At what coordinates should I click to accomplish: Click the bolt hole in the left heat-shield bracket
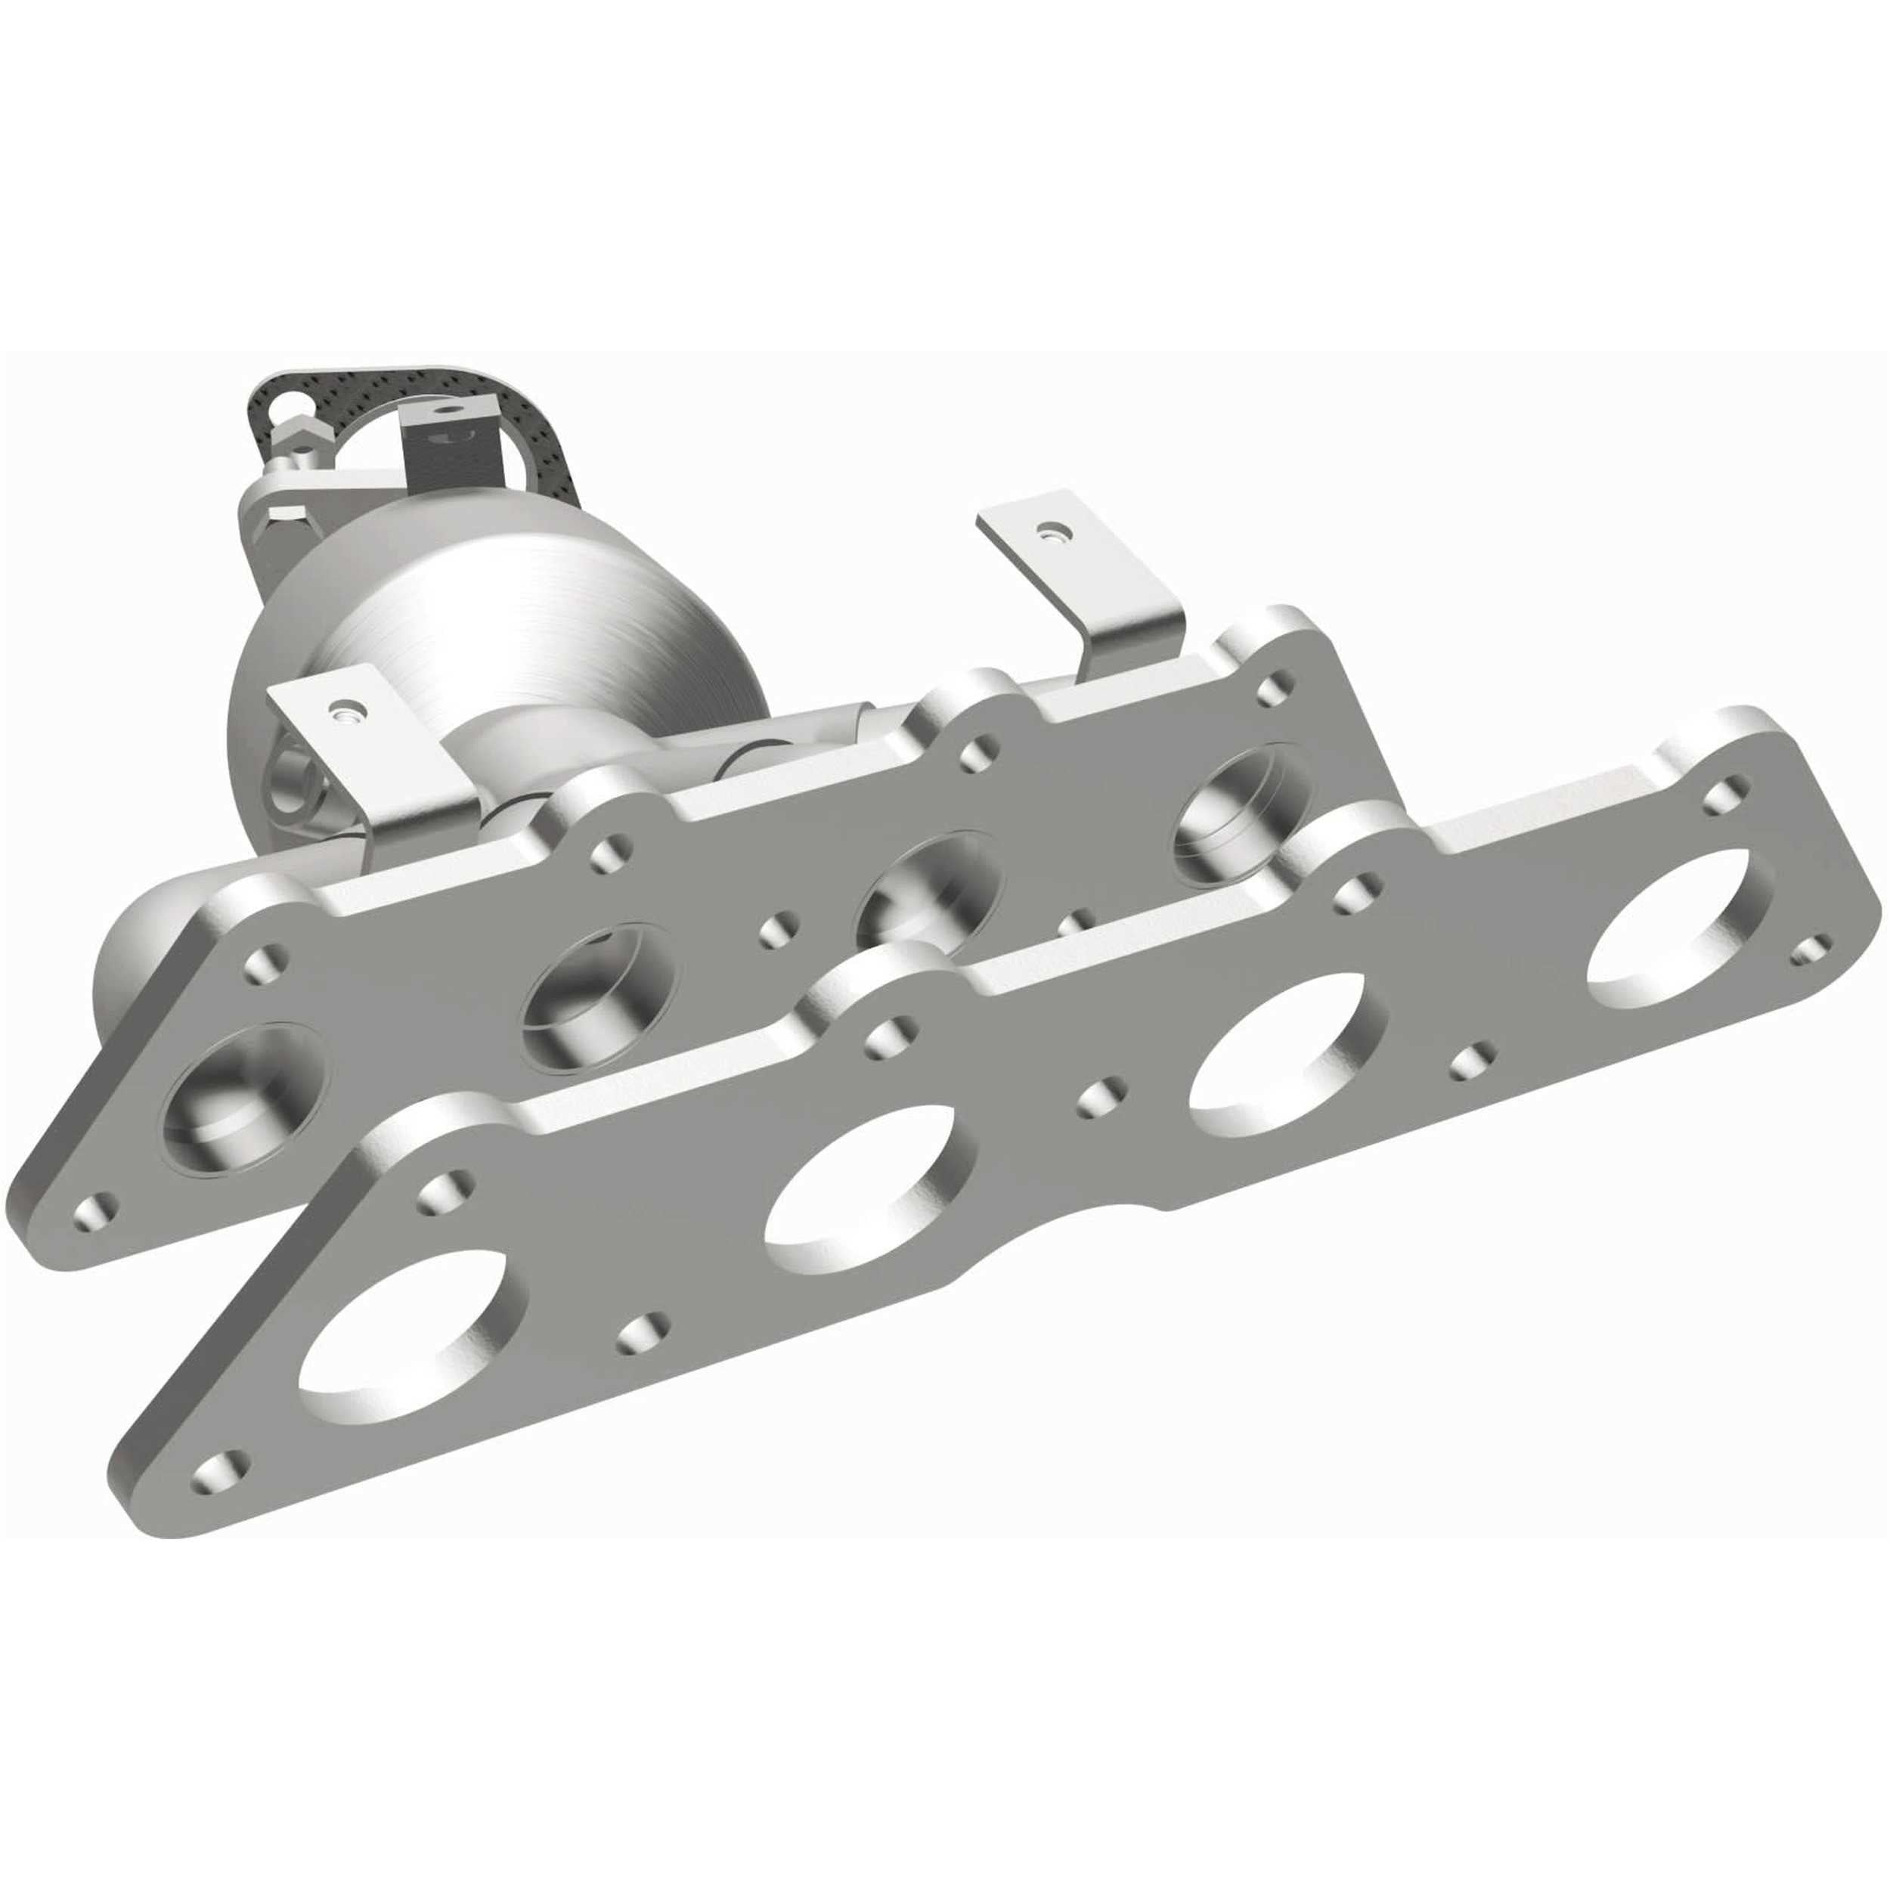coord(343,705)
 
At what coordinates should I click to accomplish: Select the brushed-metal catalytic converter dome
coord(509,626)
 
